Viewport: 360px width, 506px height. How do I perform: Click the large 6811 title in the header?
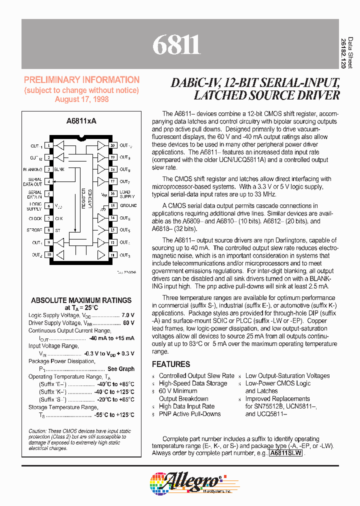(176, 45)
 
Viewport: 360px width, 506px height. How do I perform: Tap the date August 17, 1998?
(82, 99)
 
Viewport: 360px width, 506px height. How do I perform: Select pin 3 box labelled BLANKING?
(49, 169)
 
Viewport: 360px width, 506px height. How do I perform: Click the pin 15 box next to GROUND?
(113, 205)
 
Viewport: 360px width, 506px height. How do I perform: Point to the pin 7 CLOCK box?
(49, 218)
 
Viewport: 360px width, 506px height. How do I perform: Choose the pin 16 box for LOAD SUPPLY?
(113, 193)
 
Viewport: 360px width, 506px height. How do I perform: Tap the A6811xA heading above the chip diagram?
(81, 121)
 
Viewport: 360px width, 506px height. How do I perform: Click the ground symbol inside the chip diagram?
(102, 207)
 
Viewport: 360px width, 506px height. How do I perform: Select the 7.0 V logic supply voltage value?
(127, 315)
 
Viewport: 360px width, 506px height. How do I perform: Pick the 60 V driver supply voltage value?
(128, 323)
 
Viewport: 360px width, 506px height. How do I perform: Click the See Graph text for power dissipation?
(121, 368)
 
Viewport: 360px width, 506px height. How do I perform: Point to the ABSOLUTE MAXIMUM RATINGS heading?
(81, 300)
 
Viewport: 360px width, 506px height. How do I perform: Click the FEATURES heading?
(171, 364)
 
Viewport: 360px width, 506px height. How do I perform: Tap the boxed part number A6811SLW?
(285, 453)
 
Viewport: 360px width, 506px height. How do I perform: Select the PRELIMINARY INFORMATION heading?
(82, 80)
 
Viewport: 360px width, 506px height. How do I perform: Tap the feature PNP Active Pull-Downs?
(189, 414)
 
